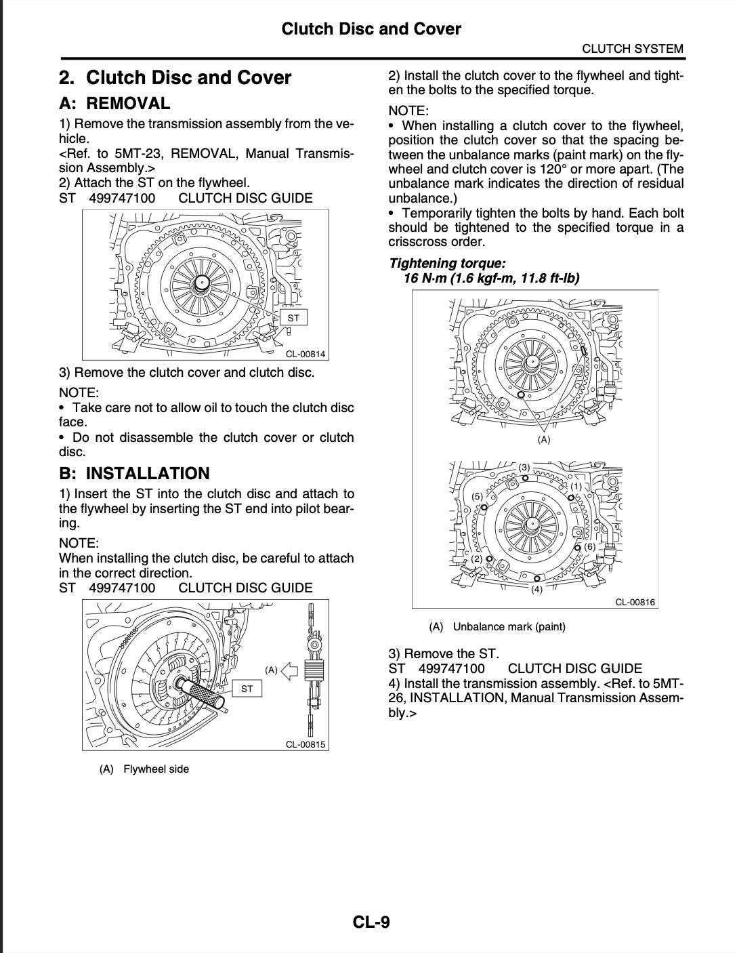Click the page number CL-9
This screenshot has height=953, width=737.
(x=371, y=922)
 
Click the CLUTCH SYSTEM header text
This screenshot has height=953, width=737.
(x=633, y=49)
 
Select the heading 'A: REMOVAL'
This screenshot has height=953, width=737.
(x=114, y=104)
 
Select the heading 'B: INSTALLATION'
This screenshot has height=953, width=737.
(x=134, y=473)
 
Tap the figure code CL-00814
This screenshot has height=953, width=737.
(x=305, y=354)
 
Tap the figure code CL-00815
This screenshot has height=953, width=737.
(x=305, y=744)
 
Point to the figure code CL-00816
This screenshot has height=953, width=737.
(x=635, y=602)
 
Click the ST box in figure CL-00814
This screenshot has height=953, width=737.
(x=293, y=318)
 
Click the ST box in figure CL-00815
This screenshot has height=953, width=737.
(x=247, y=689)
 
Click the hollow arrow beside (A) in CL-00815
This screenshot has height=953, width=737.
(x=289, y=671)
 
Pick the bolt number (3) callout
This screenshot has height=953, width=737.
(x=524, y=468)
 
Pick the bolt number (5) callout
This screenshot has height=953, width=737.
(x=478, y=496)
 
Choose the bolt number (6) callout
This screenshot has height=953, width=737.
(x=589, y=546)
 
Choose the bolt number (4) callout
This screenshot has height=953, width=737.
(x=536, y=589)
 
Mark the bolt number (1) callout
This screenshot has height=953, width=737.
(x=576, y=486)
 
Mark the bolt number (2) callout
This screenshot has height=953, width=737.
(x=477, y=559)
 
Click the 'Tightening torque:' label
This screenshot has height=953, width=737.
(x=447, y=264)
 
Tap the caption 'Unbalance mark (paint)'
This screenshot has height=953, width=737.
(x=509, y=626)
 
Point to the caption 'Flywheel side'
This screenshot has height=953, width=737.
(x=156, y=769)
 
